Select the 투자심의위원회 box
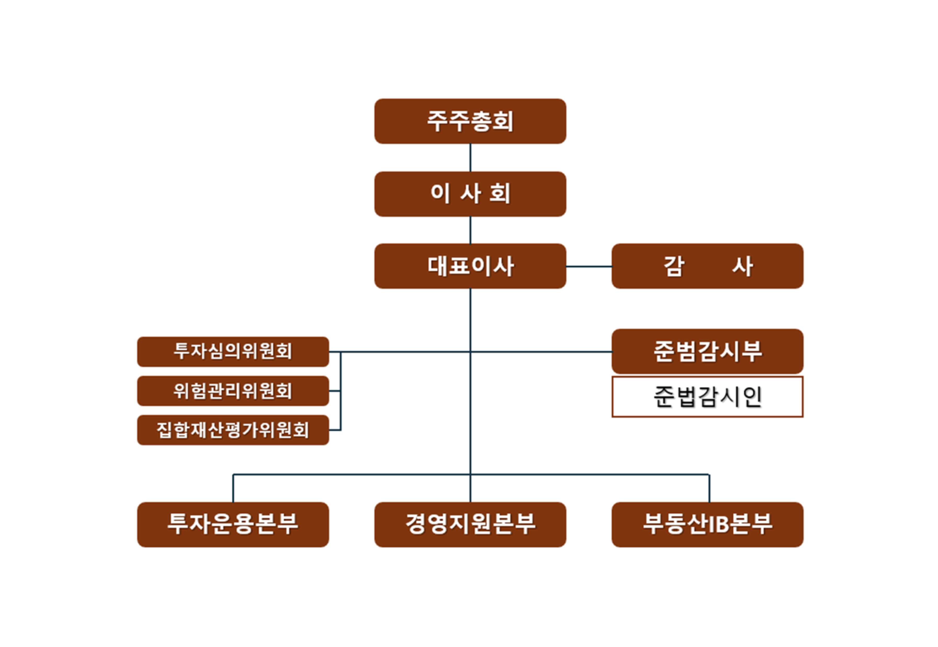(x=233, y=352)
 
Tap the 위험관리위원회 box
(x=233, y=391)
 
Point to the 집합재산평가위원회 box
(x=233, y=430)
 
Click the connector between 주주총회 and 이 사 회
(x=470, y=157)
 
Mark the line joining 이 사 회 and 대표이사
(x=470, y=230)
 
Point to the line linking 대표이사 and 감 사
(x=589, y=266)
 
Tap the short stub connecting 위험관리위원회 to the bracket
(x=335, y=391)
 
